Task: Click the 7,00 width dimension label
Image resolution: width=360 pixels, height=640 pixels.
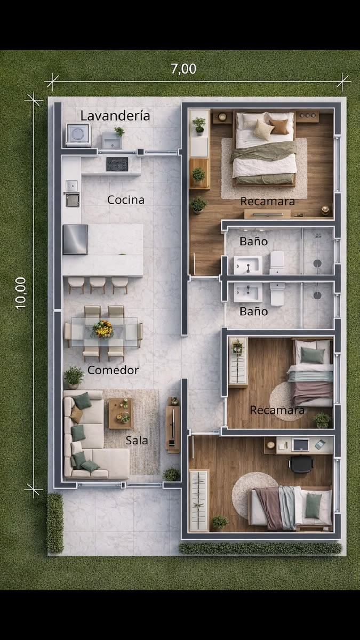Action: (183, 69)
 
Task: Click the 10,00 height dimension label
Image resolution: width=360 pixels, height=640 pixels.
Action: (21, 293)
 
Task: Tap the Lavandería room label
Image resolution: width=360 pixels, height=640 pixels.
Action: (115, 116)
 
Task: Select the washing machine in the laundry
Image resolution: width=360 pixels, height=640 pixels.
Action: (78, 134)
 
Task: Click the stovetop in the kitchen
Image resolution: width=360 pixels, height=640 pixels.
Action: (117, 164)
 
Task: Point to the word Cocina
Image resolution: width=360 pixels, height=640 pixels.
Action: (126, 199)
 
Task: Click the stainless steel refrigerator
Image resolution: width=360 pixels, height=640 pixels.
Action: (75, 239)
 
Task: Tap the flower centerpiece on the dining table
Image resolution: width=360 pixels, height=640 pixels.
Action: (103, 329)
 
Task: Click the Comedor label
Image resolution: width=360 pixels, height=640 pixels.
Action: (113, 370)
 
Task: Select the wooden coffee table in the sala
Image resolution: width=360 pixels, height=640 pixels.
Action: (121, 413)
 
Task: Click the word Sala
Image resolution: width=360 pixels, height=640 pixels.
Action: (137, 441)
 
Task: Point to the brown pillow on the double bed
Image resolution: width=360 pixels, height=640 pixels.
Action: (279, 126)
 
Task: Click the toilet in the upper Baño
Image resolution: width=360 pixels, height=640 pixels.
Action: (277, 262)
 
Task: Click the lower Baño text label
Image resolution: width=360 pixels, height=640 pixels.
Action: (254, 311)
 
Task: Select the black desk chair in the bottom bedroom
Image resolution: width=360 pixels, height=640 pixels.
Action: (302, 463)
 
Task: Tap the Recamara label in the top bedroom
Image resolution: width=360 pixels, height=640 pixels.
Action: (267, 202)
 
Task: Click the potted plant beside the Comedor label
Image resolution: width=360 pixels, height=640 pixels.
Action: (74, 377)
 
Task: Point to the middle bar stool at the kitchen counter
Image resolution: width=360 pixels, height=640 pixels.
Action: (98, 285)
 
